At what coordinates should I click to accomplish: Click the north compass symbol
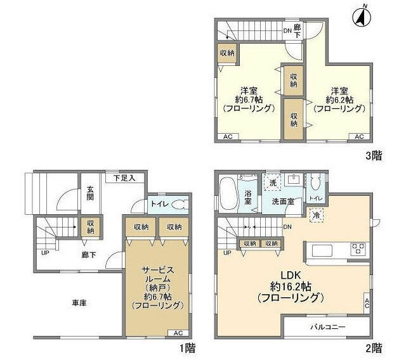[x=362, y=16]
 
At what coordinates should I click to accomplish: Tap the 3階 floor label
[x=374, y=156]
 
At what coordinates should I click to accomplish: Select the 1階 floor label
[x=187, y=348]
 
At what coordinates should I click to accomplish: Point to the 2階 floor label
[x=374, y=348]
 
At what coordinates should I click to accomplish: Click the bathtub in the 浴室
[x=228, y=193]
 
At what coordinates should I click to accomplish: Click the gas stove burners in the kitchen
[x=358, y=249]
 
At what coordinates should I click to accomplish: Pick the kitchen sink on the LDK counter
[x=322, y=250]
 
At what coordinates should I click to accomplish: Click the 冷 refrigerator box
[x=316, y=215]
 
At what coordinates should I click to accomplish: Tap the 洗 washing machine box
[x=273, y=183]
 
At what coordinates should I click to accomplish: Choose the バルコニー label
[x=328, y=327]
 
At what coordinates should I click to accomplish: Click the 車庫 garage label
[x=79, y=303]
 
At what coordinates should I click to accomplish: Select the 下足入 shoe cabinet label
[x=124, y=178]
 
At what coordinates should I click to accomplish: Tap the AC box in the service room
[x=178, y=333]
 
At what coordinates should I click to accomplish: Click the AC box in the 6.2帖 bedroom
[x=359, y=136]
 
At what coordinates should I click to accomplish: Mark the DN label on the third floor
[x=287, y=31]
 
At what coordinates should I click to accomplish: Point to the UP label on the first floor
[x=45, y=253]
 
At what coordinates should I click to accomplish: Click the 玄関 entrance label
[x=90, y=193]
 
